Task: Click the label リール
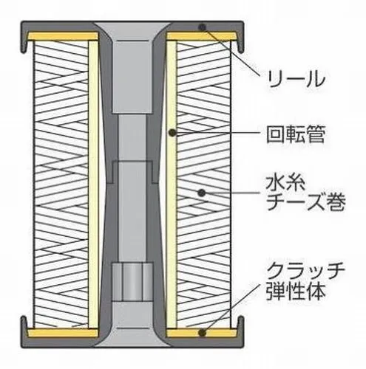coord(296,79)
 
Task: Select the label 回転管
coord(296,134)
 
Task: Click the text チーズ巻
coord(305,201)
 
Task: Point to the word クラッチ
coord(305,272)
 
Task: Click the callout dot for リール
coord(202,27)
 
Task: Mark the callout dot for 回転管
coord(172,133)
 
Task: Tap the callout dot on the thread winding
coord(202,193)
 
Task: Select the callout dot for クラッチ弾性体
coord(203,333)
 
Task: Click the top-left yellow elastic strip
coord(63,36)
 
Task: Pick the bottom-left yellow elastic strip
coord(63,333)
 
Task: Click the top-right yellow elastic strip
coord(202,36)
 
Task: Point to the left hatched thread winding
coord(61,184)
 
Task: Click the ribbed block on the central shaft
coord(132,282)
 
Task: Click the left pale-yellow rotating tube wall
coord(93,184)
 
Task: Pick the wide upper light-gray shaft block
coord(132,76)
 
